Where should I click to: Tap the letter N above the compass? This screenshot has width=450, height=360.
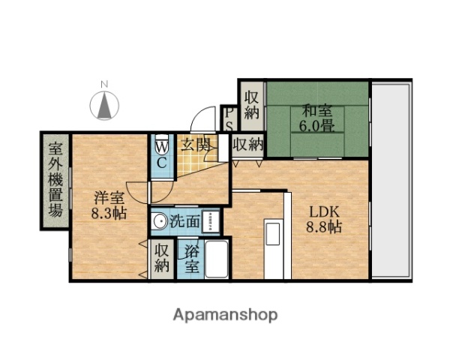[106, 83]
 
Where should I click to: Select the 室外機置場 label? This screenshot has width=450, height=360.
[55, 178]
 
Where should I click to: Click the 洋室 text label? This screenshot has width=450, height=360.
[109, 198]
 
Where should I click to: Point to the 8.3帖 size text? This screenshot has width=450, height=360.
[109, 213]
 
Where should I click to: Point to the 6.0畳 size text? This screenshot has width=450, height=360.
[317, 125]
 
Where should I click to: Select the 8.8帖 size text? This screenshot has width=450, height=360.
[323, 226]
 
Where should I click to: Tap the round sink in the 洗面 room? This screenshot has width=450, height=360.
[158, 221]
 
